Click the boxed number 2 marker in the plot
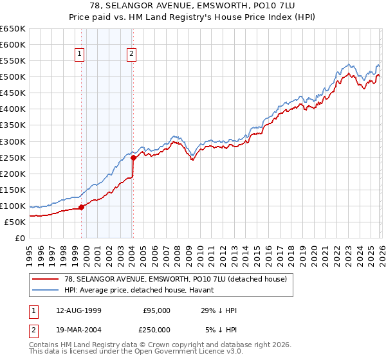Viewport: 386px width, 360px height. coord(131,55)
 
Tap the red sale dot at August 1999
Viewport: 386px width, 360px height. coord(82,207)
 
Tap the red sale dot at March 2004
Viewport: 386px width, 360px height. coord(133,157)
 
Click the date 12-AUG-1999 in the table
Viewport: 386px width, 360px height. coord(78,310)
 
